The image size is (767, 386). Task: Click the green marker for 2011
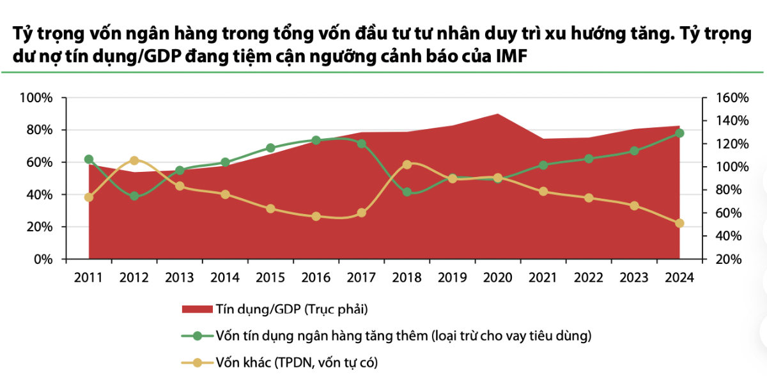click(89, 159)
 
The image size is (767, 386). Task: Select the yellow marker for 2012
click(134, 160)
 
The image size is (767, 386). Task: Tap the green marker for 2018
click(407, 192)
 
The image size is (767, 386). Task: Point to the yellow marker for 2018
click(407, 165)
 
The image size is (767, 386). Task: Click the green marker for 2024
click(679, 133)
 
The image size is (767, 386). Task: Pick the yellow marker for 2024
click(679, 223)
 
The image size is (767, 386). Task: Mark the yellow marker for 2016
click(316, 217)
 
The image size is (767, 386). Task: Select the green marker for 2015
click(270, 148)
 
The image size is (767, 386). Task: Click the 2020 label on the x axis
click(498, 278)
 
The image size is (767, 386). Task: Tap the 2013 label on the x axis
click(180, 278)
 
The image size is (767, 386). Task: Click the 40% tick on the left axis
click(39, 194)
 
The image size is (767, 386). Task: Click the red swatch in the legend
click(196, 309)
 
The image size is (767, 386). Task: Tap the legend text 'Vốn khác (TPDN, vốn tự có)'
click(297, 363)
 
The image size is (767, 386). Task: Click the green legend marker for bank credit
click(197, 336)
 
